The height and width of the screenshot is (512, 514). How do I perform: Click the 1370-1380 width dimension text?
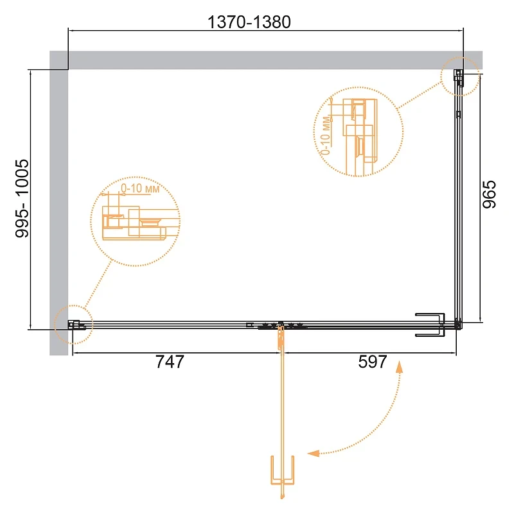pos(249,22)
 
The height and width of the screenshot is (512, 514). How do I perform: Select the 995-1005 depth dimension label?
pos(22,198)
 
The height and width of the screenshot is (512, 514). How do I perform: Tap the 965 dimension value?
pos(489,194)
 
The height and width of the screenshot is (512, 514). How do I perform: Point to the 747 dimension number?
pos(170,362)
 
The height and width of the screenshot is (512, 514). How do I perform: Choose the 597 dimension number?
pos(373,362)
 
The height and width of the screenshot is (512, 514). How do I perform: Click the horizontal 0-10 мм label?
pos(140,188)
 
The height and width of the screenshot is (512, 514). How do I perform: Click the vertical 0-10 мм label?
pos(325,135)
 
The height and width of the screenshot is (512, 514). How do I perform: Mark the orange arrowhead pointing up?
pos(399,367)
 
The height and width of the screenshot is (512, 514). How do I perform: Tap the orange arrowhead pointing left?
pos(314,454)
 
